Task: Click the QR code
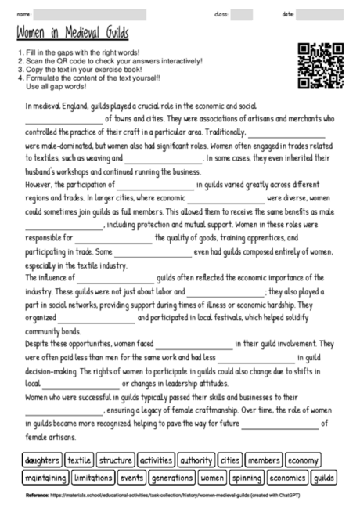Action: (322, 67)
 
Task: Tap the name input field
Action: (90, 14)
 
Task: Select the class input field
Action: (241, 14)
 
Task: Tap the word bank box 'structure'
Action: (116, 460)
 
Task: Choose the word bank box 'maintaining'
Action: (45, 478)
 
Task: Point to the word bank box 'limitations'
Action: (94, 478)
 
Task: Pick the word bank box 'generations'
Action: (171, 478)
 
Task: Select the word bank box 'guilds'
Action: (323, 478)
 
